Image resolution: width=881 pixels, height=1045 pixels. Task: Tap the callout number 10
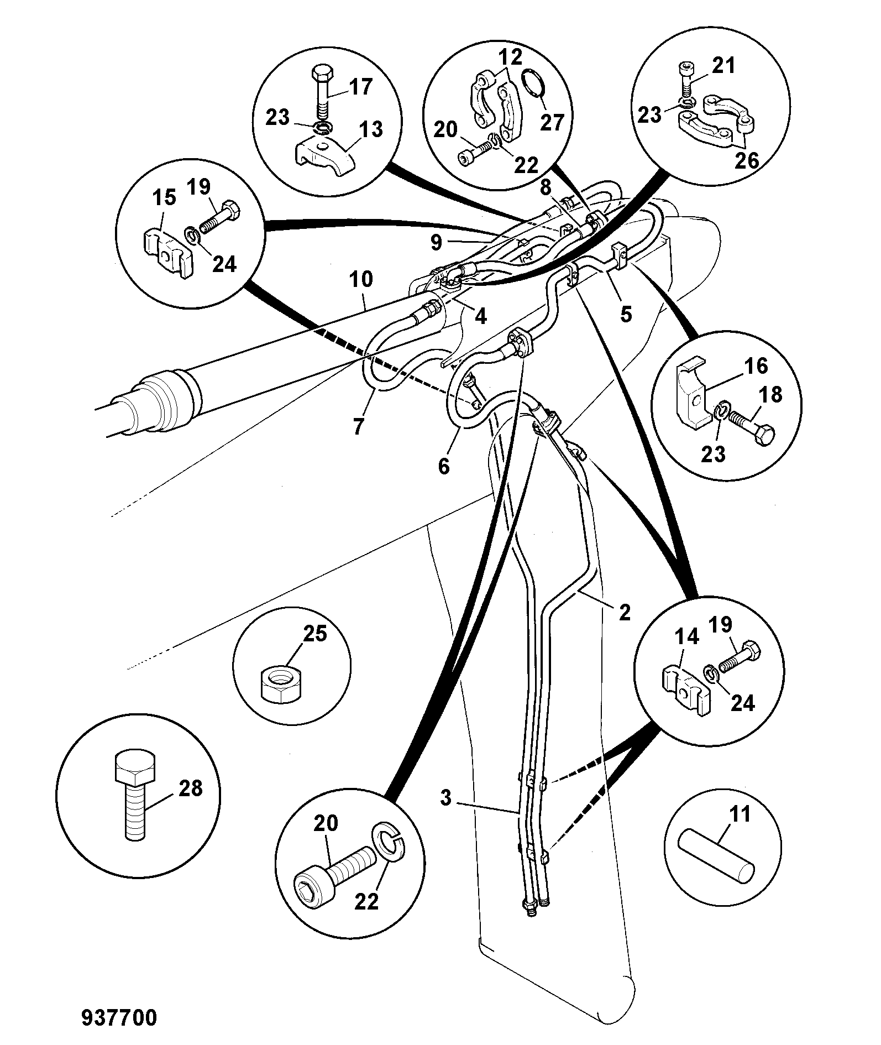(x=360, y=280)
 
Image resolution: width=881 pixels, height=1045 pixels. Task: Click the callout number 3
(x=446, y=798)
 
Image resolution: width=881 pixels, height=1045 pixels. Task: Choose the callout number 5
(x=626, y=314)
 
